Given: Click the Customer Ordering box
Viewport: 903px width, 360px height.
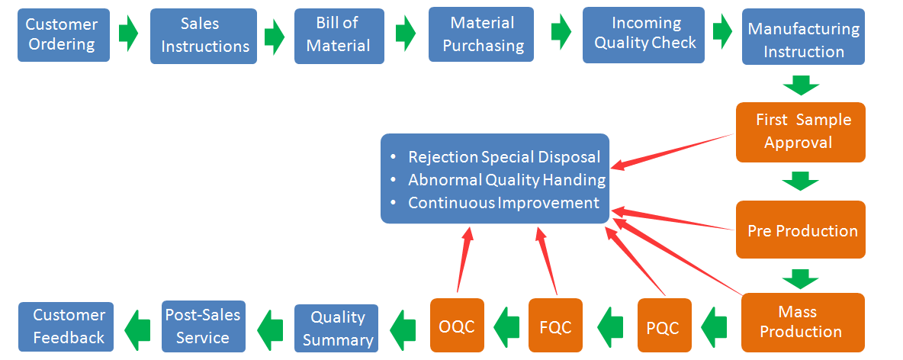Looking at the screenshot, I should tap(63, 35).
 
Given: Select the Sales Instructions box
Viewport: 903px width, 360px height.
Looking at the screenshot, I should tap(204, 36).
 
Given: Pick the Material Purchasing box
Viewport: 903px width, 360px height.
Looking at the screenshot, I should tap(481, 35).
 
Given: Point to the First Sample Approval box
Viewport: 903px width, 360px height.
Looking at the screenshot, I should tap(800, 132).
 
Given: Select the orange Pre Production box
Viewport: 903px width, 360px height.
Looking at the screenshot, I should tap(800, 230).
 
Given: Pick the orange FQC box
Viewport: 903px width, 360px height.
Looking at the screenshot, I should tap(555, 326).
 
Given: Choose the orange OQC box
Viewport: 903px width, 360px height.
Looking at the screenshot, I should tap(457, 326).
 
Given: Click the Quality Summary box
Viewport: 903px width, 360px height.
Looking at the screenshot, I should tap(339, 328).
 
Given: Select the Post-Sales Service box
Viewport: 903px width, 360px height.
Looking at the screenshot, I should tap(204, 326).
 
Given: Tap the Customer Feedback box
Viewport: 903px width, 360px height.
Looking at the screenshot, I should tap(66, 326).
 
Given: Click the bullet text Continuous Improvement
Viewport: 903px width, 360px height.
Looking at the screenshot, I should tap(503, 203).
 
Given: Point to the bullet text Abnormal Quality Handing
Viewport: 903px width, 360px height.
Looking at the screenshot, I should tap(506, 180).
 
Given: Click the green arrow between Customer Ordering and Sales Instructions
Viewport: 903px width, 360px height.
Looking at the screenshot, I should tap(129, 34).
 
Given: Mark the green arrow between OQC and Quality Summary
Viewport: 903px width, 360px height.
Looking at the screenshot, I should tap(403, 327).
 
